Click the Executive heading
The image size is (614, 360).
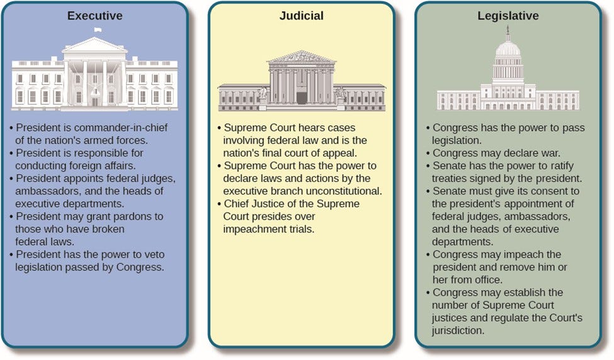click(x=94, y=16)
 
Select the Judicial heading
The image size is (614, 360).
click(x=301, y=16)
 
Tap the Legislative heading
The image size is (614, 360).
click(x=508, y=16)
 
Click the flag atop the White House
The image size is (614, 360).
click(x=96, y=30)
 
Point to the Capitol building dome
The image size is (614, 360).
click(x=508, y=47)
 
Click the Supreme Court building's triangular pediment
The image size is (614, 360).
click(x=301, y=57)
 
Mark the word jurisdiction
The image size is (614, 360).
click(x=457, y=330)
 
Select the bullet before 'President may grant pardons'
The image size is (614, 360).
click(x=13, y=217)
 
